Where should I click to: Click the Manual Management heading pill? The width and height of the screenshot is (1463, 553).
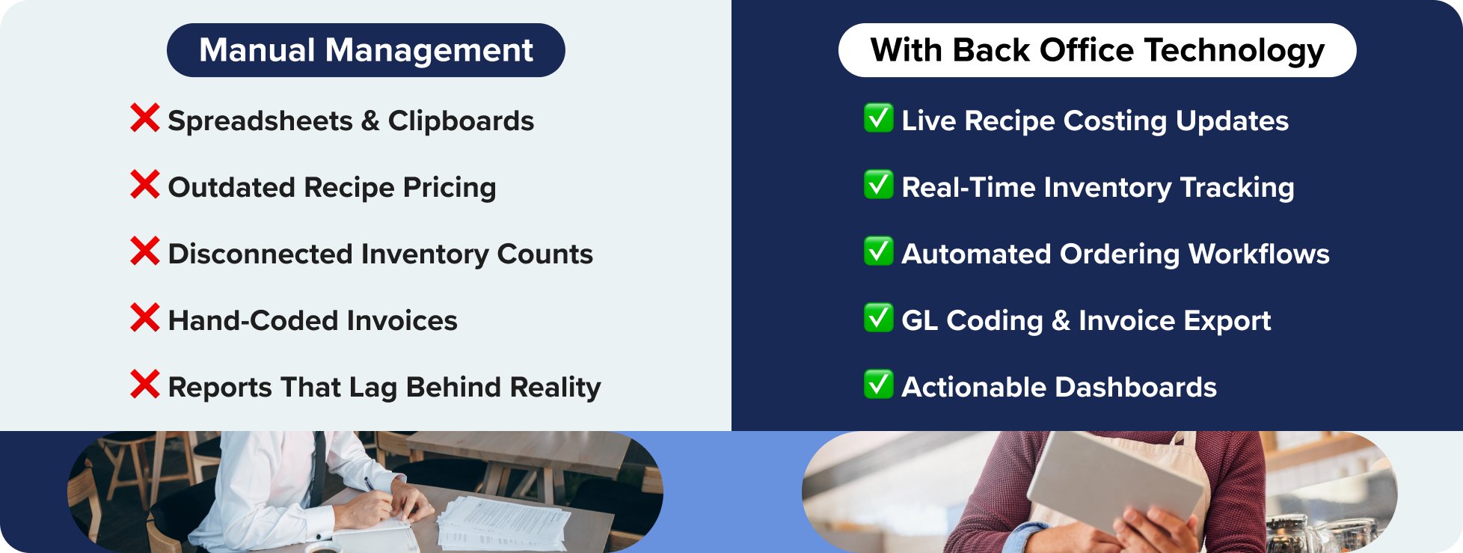366,50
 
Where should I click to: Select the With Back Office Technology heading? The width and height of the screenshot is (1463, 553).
1097,50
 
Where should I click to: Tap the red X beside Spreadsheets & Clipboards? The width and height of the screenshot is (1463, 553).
144,118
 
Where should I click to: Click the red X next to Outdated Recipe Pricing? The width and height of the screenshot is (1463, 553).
144,185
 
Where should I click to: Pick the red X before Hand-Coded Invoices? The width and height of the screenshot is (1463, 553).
144,318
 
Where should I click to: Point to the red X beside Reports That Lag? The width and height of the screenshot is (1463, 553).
144,385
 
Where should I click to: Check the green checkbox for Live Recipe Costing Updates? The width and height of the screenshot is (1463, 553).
878,118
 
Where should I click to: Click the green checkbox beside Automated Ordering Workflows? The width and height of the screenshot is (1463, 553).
878,251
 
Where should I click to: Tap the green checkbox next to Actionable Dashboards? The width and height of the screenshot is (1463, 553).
878,385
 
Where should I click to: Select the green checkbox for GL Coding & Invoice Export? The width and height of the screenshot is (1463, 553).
878,318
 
